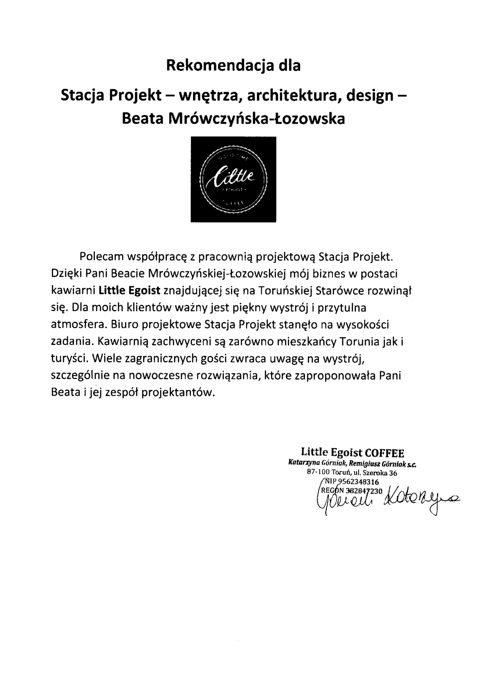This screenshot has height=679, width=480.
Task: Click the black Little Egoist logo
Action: point(233,179)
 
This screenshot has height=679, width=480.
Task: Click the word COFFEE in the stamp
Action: point(385,453)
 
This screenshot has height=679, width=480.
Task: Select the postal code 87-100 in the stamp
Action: point(317,473)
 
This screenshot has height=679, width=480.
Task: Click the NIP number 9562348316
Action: point(358,482)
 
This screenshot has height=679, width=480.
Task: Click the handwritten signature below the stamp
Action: point(387,499)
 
